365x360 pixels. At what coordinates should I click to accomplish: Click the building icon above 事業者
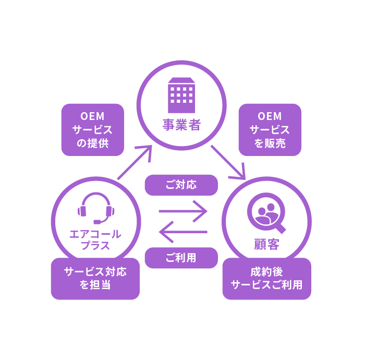point(181,95)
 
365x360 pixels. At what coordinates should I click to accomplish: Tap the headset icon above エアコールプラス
point(95,208)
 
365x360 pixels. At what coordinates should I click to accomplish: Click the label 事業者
point(181,125)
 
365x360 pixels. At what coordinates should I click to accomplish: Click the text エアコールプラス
point(95,239)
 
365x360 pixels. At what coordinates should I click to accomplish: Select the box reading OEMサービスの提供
point(92,130)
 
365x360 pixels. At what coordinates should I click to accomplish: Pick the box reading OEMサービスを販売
point(270,130)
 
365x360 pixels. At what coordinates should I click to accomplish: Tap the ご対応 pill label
point(181,185)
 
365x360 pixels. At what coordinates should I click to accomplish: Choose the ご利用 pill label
point(181,258)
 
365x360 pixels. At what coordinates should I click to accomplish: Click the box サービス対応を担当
point(95,279)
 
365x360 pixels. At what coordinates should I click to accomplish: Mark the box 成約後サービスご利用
point(266,279)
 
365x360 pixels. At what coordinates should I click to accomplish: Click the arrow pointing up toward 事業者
point(135,162)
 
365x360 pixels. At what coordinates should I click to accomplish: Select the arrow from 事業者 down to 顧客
point(228,163)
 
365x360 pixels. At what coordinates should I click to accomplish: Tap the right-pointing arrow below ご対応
point(183,211)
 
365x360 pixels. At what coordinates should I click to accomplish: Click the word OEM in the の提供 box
point(92,116)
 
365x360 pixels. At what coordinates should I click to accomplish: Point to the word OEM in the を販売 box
point(270,116)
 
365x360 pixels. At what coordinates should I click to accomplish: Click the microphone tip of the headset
point(97,222)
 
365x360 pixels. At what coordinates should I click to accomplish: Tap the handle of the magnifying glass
point(280,228)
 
